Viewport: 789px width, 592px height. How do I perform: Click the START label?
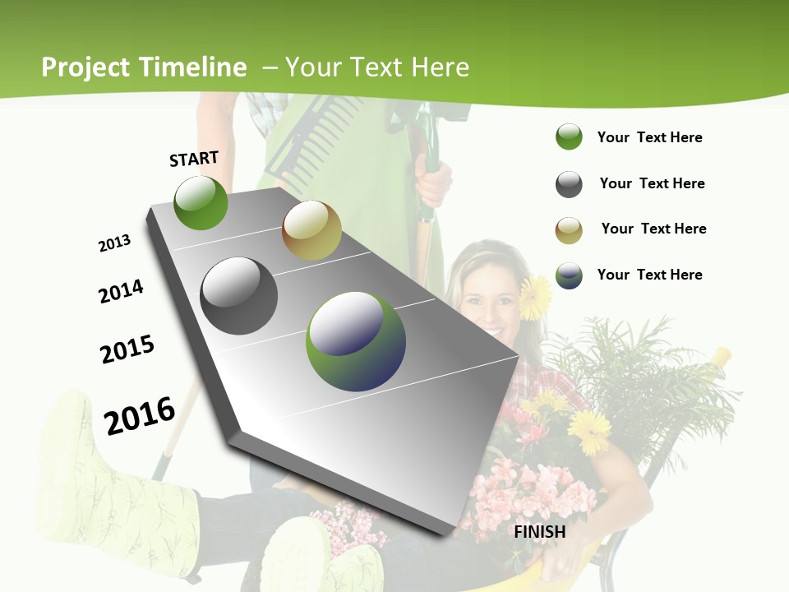point(194,159)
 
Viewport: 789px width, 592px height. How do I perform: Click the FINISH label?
point(540,532)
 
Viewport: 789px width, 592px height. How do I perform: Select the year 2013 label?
point(114,243)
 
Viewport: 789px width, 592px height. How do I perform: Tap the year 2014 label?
point(121,291)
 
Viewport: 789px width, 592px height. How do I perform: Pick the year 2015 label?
point(127,349)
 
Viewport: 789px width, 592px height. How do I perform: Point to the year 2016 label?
point(140,415)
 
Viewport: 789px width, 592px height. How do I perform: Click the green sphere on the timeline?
point(201,202)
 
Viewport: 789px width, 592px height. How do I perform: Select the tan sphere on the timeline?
point(311,230)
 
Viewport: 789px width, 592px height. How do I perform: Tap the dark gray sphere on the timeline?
point(238,296)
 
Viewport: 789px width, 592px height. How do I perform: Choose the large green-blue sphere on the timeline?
point(355,341)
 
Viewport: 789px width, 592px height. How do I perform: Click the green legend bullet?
point(569,137)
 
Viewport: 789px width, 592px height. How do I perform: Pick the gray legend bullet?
point(569,184)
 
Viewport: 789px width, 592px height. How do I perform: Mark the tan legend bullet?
point(569,229)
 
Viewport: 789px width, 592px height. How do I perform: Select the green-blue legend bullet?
point(569,275)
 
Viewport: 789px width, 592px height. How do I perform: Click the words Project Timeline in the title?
point(144,67)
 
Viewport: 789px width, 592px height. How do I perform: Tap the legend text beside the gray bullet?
point(652,183)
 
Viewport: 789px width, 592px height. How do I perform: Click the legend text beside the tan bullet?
point(653,229)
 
